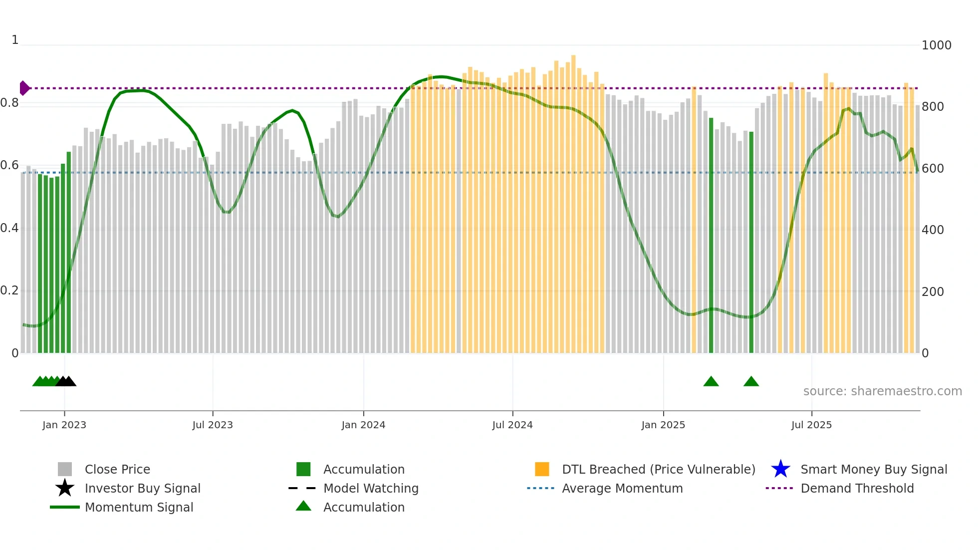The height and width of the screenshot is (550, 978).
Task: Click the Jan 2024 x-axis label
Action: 363,425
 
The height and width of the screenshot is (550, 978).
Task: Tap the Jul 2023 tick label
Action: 213,425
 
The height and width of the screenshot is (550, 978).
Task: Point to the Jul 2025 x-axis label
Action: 811,425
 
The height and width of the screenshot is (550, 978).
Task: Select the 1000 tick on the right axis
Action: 936,45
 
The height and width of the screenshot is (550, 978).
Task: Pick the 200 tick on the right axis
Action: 933,291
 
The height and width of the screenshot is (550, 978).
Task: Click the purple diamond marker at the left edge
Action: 24,88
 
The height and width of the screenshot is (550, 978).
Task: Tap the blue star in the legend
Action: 780,469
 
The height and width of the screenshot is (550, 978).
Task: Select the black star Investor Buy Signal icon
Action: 65,488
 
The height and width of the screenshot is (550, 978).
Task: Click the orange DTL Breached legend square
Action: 542,469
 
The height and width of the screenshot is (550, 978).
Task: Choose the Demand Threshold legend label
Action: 857,488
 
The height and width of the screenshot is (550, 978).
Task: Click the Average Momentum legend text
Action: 622,488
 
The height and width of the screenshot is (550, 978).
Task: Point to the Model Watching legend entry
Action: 371,488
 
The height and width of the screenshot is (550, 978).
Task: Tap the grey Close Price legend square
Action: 65,469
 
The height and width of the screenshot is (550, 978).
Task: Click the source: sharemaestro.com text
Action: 882,391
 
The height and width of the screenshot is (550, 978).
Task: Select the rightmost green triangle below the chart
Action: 751,382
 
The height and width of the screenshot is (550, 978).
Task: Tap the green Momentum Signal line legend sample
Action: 65,507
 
